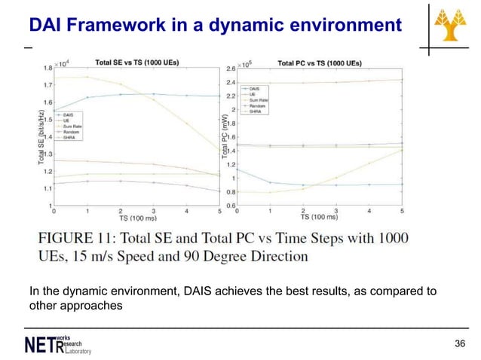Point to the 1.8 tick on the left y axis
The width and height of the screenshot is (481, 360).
coord(47,69)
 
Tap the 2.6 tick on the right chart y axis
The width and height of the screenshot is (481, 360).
coord(231,69)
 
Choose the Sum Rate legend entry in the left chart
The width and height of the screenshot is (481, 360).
coord(74,127)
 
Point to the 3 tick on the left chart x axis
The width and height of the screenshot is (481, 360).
coord(153,211)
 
